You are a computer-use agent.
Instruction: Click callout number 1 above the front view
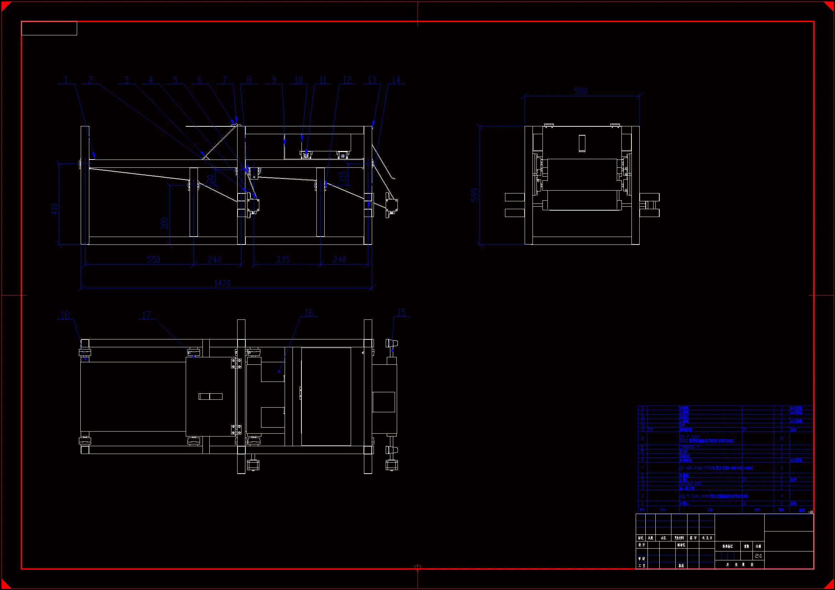click(66, 80)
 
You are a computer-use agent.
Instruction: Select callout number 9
click(274, 80)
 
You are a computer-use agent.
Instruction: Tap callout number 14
click(396, 80)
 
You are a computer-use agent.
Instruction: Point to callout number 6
click(200, 80)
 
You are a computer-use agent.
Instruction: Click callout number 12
click(347, 80)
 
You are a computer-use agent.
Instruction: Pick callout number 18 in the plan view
click(65, 315)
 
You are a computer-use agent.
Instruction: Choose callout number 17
click(146, 315)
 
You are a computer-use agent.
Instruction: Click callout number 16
click(309, 313)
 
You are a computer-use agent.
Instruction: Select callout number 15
click(401, 313)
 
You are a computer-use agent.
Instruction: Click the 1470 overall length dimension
click(222, 283)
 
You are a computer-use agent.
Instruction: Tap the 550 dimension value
click(154, 259)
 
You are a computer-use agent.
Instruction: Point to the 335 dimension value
click(282, 259)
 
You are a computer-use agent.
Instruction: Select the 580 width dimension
click(580, 91)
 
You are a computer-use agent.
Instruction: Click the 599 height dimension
click(475, 195)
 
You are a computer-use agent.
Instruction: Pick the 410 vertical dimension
click(55, 209)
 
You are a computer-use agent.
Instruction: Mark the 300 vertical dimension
click(165, 223)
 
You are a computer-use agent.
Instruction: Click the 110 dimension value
click(343, 177)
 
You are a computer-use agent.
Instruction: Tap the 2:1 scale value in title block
click(759, 556)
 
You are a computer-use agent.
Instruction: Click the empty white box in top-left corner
click(49, 28)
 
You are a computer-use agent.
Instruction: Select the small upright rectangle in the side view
click(582, 143)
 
